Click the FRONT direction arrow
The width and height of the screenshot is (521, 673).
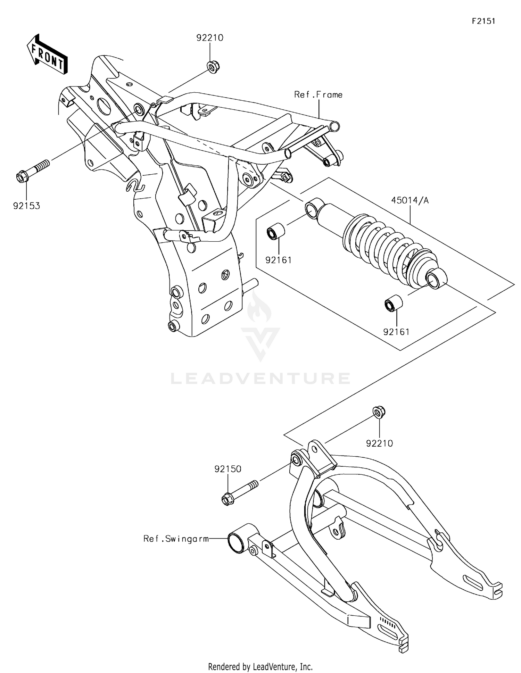pyautogui.click(x=47, y=55)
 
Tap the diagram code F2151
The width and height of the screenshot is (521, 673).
pyautogui.click(x=483, y=21)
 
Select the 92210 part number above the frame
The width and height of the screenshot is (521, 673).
pyautogui.click(x=210, y=38)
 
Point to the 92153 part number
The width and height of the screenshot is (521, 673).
pyautogui.click(x=27, y=206)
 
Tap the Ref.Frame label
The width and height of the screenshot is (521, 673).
pyautogui.click(x=318, y=94)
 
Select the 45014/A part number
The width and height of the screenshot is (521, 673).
pyautogui.click(x=410, y=200)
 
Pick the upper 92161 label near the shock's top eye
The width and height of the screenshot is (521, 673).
pyautogui.click(x=279, y=260)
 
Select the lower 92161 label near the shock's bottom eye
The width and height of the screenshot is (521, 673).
pyautogui.click(x=396, y=332)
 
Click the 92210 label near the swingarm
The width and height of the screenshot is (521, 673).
pyautogui.click(x=379, y=443)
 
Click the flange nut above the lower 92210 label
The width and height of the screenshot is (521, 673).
pyautogui.click(x=379, y=412)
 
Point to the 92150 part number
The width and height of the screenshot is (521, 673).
pyautogui.click(x=228, y=469)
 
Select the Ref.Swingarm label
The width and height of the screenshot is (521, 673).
pyautogui.click(x=176, y=539)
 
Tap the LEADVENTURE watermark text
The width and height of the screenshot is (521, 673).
pyautogui.click(x=260, y=378)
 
